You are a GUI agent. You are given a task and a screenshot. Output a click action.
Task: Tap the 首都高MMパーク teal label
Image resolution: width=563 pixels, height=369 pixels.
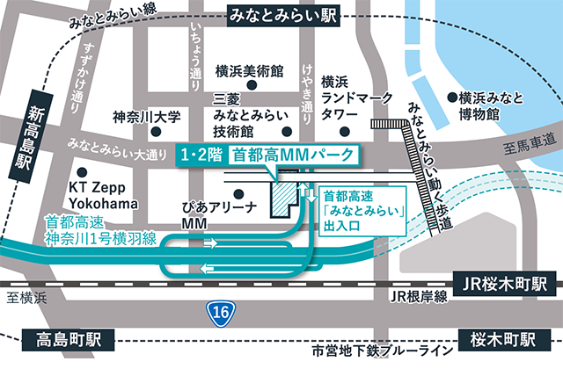coord(292,156)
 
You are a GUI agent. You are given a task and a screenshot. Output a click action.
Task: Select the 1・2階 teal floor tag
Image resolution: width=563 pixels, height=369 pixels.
coord(198,156)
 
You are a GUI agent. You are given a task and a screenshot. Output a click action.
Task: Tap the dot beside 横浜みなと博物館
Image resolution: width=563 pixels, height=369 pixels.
coord(451,97)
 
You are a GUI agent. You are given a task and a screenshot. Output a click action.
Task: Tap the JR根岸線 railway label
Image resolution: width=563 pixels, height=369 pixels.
coord(418,297)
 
